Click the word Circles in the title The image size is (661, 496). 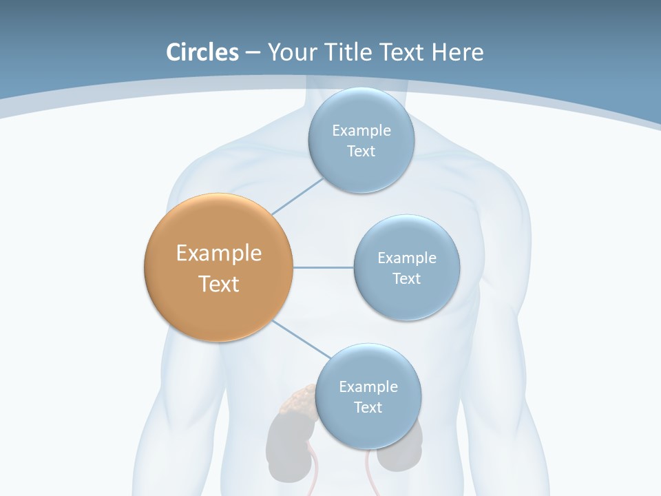(x=202, y=52)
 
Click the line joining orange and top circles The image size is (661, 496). (x=297, y=196)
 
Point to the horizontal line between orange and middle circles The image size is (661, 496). (x=324, y=267)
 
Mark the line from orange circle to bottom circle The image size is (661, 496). (x=301, y=338)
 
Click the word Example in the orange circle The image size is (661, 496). (x=219, y=254)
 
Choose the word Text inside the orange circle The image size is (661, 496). (x=219, y=284)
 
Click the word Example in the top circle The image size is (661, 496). (x=361, y=130)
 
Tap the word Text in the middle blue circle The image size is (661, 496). (x=406, y=278)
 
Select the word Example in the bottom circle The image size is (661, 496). (x=368, y=386)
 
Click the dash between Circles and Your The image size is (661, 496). (x=253, y=52)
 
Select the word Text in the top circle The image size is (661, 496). (x=361, y=151)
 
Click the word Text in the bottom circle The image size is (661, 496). (x=368, y=407)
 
